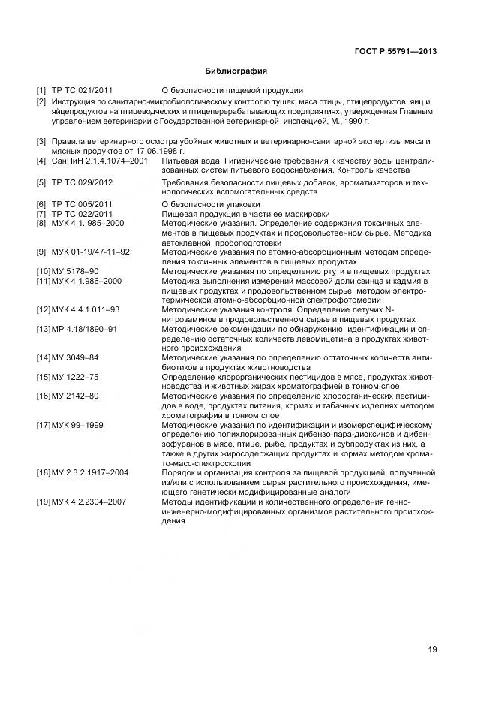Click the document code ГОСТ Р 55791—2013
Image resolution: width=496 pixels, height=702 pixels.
(395, 52)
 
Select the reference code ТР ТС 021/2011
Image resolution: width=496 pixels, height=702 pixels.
(82, 91)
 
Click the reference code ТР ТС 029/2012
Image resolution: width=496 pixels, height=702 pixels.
(82, 182)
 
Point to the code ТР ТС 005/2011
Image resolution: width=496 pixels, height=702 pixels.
(82, 204)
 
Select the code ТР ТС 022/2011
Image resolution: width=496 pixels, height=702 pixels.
(82, 214)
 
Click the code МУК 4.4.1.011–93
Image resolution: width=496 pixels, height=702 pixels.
(85, 309)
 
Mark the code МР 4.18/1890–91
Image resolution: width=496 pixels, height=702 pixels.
(83, 329)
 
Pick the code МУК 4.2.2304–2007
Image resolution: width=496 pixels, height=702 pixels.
(88, 501)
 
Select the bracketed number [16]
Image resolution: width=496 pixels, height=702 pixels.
(43, 396)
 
